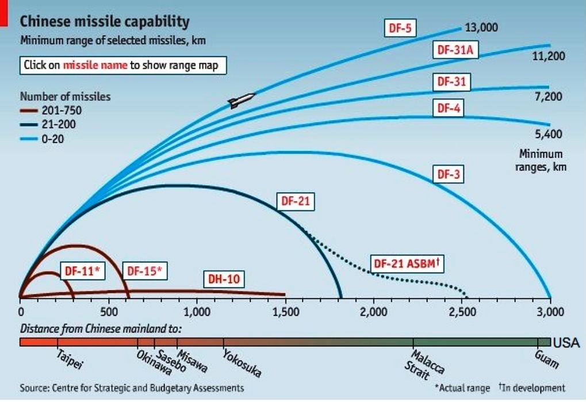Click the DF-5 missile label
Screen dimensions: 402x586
click(400, 28)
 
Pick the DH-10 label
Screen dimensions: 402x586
click(223, 280)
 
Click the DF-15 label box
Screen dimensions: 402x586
click(144, 270)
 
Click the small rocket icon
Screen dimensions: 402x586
click(241, 101)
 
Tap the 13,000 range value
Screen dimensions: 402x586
click(481, 28)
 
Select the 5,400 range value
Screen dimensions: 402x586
click(548, 135)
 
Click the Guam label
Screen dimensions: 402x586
click(546, 359)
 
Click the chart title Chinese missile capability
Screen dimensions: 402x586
click(104, 22)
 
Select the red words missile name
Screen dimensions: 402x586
click(95, 65)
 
